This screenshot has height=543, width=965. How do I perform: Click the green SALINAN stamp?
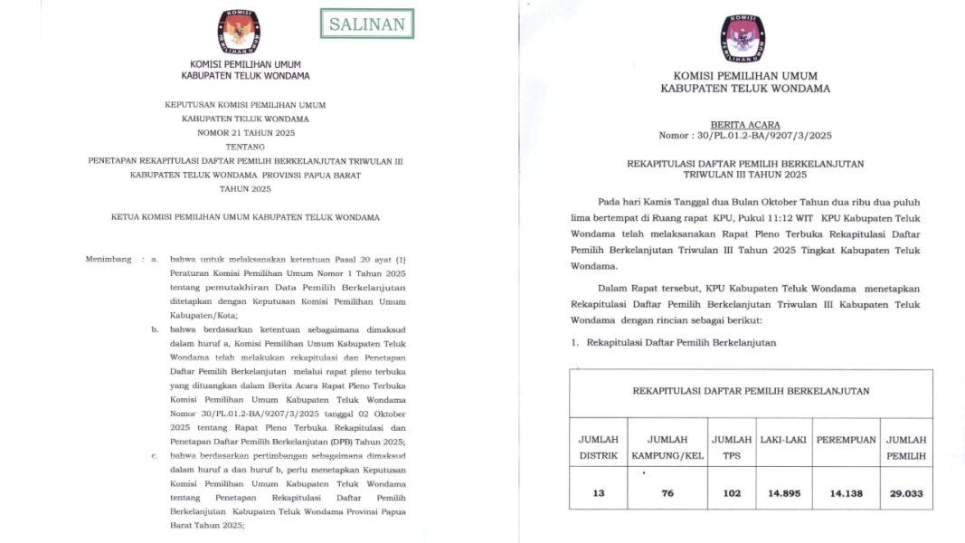(x=367, y=24)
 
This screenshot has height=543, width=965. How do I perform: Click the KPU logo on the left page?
(x=239, y=31)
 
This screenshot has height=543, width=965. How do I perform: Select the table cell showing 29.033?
(x=906, y=493)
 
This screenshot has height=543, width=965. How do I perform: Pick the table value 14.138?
(x=846, y=493)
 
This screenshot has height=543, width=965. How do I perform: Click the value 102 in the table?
(x=732, y=493)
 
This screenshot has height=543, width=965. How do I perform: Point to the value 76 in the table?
(x=667, y=493)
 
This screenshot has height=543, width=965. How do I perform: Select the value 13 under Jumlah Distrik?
(x=598, y=493)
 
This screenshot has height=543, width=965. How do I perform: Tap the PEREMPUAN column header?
(x=846, y=440)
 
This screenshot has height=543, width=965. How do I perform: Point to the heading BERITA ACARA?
(x=744, y=125)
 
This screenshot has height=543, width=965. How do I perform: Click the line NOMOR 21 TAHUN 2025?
(x=245, y=132)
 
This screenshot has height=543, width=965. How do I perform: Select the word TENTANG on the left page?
(x=245, y=146)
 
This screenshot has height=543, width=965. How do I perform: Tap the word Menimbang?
(x=109, y=259)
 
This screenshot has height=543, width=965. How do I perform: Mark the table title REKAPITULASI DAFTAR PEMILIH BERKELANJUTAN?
(x=750, y=391)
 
